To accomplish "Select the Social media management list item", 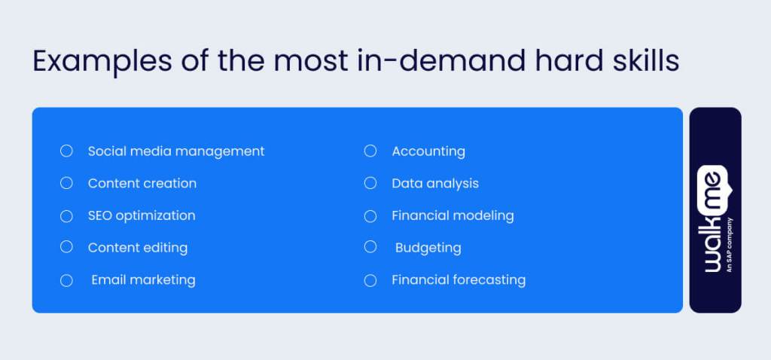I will pos(176,151).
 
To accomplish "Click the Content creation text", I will pos(142,183).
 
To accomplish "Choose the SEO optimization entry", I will pos(142,215).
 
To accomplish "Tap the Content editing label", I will pos(138,248).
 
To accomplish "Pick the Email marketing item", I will pos(143,280).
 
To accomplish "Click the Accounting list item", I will pos(428,151).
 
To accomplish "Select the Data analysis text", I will pos(435,183).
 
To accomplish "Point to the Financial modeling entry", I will pos(453,215).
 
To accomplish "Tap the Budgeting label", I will pos(428,248).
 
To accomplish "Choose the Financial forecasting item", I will pos(459,280).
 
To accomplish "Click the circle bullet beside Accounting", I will pos(370,151).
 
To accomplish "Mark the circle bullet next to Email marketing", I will pos(66,280).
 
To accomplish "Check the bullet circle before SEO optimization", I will pos(66,215).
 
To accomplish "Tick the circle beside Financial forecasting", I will pos(370,280).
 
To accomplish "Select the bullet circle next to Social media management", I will pos(66,151).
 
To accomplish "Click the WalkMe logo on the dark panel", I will pos(712,218).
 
